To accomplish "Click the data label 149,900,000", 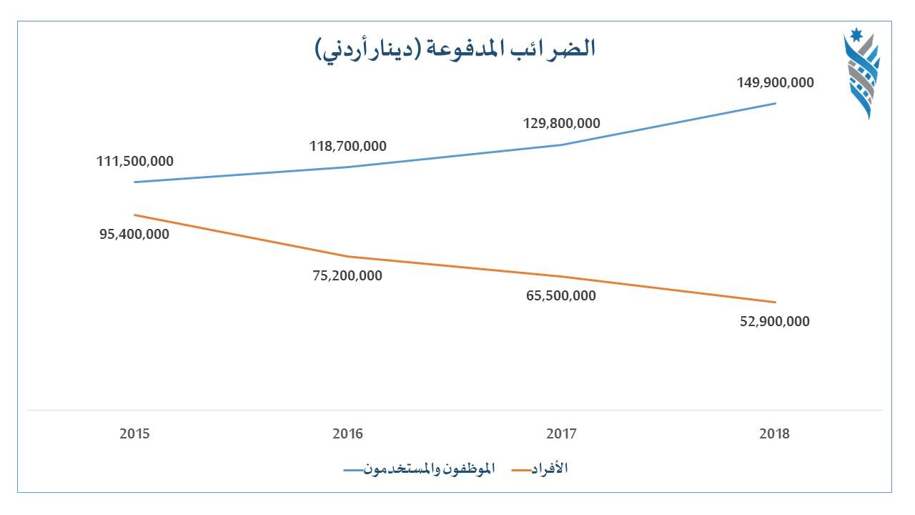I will click(x=775, y=82).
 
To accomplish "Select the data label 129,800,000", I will click(x=561, y=123).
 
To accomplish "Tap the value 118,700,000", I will click(x=347, y=146).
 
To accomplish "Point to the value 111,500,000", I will click(x=135, y=161).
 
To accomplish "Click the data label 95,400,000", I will click(x=134, y=234).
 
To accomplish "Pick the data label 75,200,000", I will click(x=347, y=275).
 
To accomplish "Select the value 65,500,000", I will click(x=561, y=295).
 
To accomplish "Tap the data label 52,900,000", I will click(x=775, y=321).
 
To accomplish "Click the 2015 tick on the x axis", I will click(x=134, y=433).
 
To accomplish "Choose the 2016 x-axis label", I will click(x=347, y=433).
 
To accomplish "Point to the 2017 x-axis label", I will click(x=561, y=433).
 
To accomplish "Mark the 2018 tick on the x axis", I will click(x=775, y=433).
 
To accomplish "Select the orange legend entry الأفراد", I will click(x=547, y=469).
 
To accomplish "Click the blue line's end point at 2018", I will click(x=776, y=104).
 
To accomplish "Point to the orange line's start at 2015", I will click(x=135, y=215).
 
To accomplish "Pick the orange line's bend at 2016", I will click(x=348, y=256).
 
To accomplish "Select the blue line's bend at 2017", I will click(x=562, y=145).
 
